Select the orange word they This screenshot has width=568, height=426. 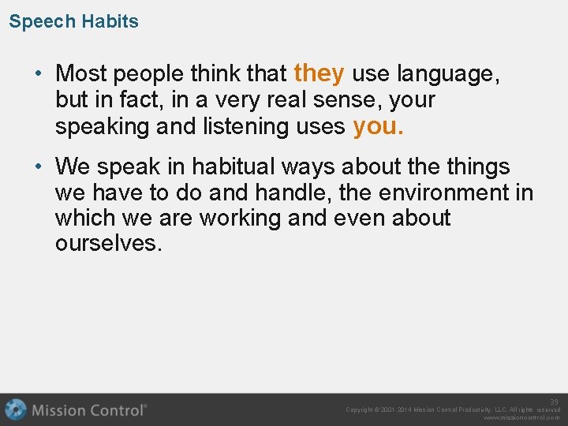click(319, 73)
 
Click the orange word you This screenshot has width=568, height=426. click(378, 125)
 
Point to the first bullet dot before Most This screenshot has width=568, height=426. click(39, 74)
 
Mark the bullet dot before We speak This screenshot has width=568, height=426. click(39, 167)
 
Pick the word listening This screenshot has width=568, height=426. click(257, 126)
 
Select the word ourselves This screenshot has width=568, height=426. click(108, 243)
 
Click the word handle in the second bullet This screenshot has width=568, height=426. click(294, 192)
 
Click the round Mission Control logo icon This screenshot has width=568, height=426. click(15, 409)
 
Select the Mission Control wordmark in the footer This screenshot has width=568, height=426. click(89, 410)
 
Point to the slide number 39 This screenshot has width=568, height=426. click(554, 402)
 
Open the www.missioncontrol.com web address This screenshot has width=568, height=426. click(521, 418)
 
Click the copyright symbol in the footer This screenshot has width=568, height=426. click(380, 410)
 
